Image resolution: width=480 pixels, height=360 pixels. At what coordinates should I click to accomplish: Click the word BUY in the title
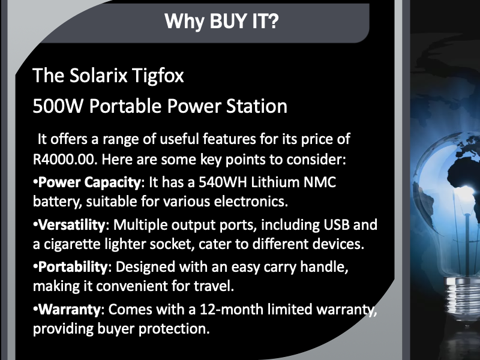(229, 21)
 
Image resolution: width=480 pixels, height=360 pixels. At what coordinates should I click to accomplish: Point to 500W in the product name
(58, 106)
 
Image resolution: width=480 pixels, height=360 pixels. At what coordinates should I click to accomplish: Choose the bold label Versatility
(72, 224)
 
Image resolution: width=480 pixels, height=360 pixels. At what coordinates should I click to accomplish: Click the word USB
(337, 224)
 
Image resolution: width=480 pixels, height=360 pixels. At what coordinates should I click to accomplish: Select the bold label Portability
(73, 267)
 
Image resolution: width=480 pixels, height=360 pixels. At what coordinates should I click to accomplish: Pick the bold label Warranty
(70, 310)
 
